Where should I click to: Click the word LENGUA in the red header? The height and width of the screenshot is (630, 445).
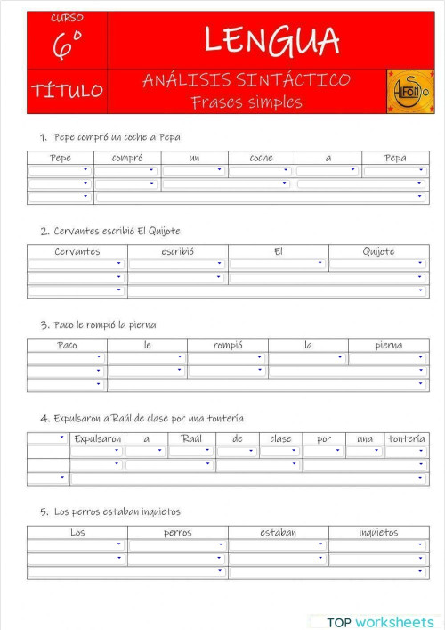coord(271,40)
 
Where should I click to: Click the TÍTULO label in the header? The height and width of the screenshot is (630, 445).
coord(67,91)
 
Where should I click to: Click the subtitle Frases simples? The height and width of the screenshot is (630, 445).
coord(247,102)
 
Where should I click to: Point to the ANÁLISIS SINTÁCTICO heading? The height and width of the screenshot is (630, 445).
coord(247,80)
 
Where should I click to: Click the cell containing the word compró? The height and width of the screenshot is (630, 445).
coord(127,158)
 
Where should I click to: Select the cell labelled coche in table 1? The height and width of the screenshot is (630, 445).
coord(261,158)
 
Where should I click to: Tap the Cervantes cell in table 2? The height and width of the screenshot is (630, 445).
coord(77,251)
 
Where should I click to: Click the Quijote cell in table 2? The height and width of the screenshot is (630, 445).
coord(378,251)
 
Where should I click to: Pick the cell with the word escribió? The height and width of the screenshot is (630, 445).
coord(177,251)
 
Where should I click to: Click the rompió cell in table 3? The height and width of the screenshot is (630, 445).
coord(227,345)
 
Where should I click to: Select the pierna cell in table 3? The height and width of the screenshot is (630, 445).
coord(388,345)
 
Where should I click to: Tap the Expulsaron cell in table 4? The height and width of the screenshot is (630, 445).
coord(97,438)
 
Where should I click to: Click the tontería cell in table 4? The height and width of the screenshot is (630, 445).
coord(407,438)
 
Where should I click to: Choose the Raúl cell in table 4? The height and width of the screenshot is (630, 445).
coord(191,438)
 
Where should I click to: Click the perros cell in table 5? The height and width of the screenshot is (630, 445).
coord(177,532)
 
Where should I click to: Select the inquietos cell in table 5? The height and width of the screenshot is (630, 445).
coord(378,532)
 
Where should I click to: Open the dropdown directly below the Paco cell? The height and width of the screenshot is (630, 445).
coord(67,358)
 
